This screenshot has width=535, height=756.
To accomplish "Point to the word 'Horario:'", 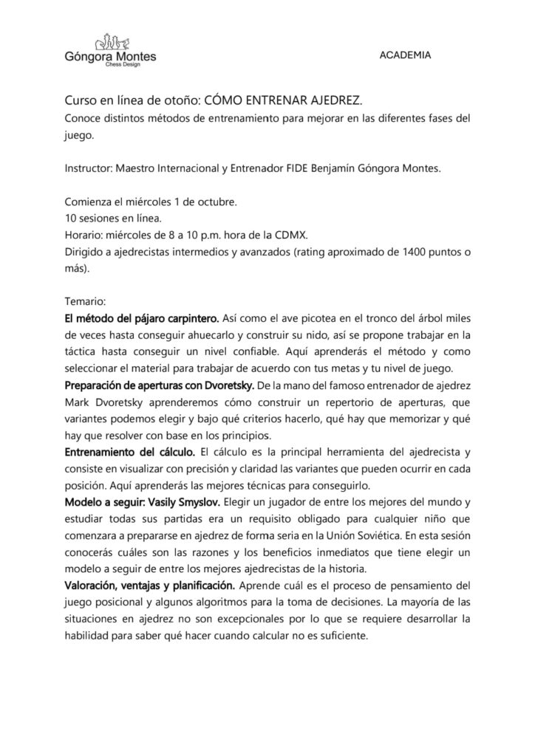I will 86,236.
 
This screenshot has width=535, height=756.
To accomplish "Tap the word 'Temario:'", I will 86,302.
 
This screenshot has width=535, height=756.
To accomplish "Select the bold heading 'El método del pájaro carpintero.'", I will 143,319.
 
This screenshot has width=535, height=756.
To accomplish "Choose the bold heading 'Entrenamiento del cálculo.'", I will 130,452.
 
